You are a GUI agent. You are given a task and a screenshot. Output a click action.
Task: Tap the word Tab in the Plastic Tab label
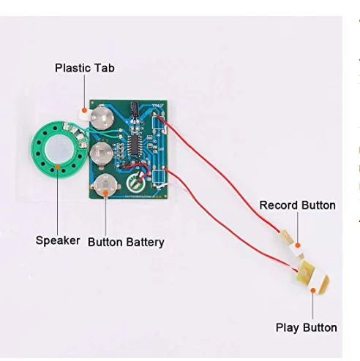pyautogui.click(x=104, y=69)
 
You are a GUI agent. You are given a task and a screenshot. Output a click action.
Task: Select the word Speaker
pyautogui.click(x=58, y=240)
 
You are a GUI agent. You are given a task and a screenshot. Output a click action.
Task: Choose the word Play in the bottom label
pyautogui.click(x=288, y=327)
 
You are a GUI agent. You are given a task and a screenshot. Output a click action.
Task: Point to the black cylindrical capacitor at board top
pyautogui.click(x=136, y=110)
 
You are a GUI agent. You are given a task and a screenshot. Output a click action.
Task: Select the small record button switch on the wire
pyautogui.click(x=288, y=239)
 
